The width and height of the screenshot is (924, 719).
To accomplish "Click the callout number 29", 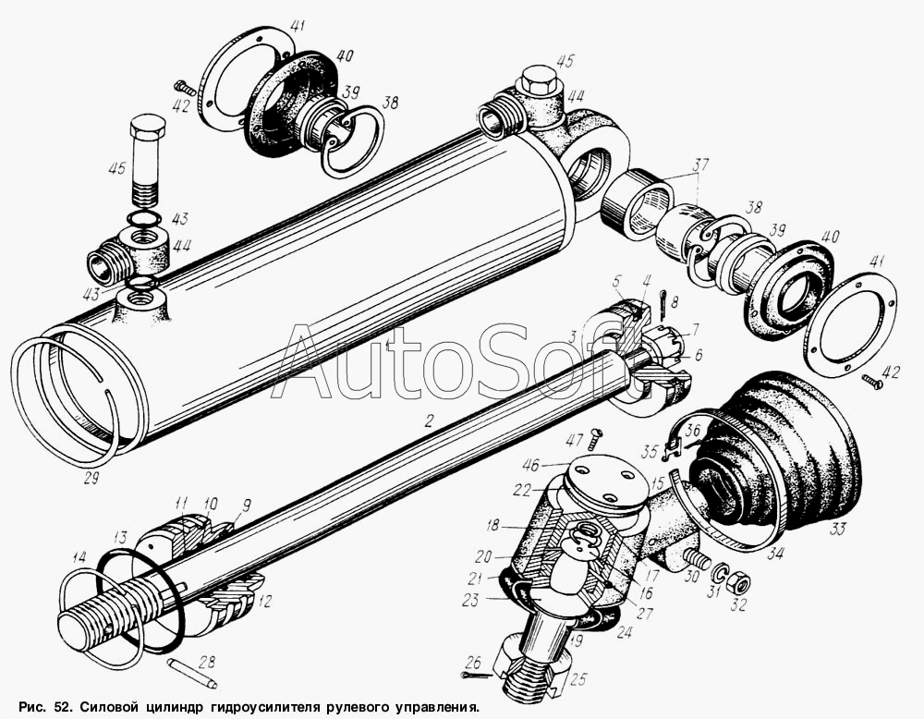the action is pyautogui.click(x=91, y=478).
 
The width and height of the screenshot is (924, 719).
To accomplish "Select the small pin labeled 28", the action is pyautogui.click(x=192, y=673).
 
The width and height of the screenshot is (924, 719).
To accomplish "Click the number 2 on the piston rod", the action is pyautogui.click(x=429, y=420).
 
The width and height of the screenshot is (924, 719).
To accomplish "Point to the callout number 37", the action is pyautogui.click(x=700, y=165).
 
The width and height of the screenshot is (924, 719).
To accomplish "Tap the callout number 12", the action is pyautogui.click(x=266, y=601).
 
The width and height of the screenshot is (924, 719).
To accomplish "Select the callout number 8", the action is pyautogui.click(x=675, y=303).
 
